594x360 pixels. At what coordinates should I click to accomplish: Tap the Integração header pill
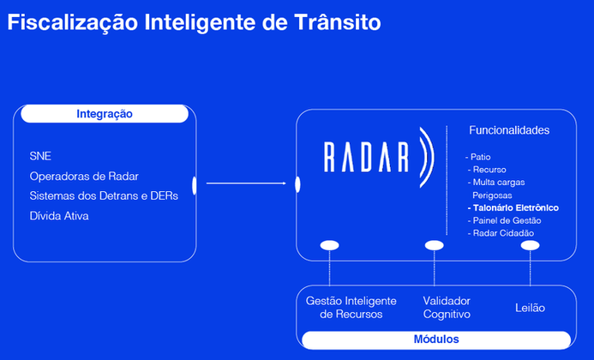pyautogui.click(x=105, y=114)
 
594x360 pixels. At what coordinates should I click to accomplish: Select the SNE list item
pyautogui.click(x=40, y=156)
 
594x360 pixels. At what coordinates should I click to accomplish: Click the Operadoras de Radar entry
pyautogui.click(x=84, y=176)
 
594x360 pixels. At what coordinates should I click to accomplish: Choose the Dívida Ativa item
pyautogui.click(x=59, y=216)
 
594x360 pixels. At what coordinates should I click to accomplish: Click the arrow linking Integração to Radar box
pyautogui.click(x=246, y=183)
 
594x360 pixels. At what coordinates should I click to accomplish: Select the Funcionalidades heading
pyautogui.click(x=509, y=130)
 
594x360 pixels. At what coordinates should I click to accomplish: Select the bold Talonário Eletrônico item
pyautogui.click(x=513, y=208)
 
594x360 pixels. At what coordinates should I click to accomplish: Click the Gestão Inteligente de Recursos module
pyautogui.click(x=351, y=308)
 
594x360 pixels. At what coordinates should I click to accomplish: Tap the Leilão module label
pyautogui.click(x=530, y=307)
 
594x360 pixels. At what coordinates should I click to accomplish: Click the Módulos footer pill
pyautogui.click(x=436, y=339)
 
